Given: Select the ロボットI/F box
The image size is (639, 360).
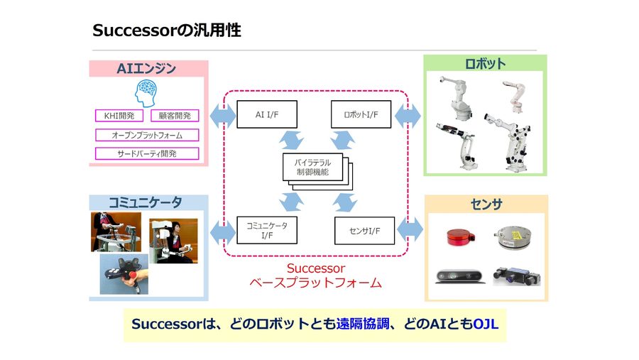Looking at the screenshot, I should [x=361, y=115].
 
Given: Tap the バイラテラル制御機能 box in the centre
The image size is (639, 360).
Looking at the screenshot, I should [x=312, y=168].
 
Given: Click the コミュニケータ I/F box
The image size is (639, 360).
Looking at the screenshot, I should [x=266, y=229].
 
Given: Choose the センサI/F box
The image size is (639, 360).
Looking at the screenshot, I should [x=364, y=231].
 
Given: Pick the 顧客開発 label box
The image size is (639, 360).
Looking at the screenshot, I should [x=175, y=116].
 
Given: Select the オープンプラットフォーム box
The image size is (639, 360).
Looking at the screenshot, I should [x=147, y=135].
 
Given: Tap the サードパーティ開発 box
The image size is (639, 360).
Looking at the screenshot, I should [x=147, y=153].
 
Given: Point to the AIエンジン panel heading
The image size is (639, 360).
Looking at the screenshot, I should [x=146, y=69].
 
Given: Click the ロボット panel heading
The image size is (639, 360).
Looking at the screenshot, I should [x=485, y=64].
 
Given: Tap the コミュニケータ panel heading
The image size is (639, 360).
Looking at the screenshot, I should [x=148, y=203].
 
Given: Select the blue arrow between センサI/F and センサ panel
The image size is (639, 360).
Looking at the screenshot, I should [x=410, y=230].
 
